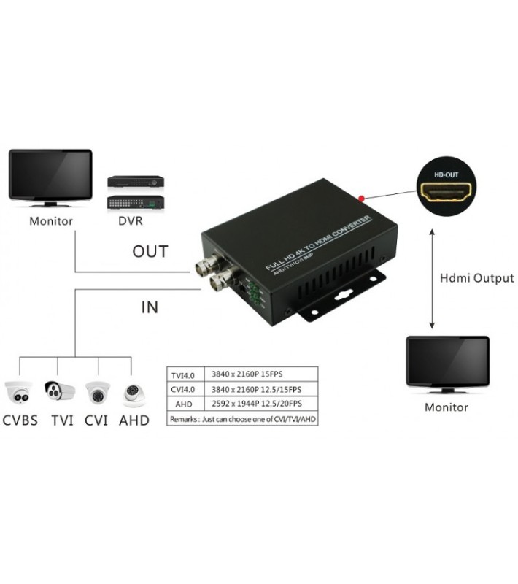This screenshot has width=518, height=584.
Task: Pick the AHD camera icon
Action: [x=134, y=393]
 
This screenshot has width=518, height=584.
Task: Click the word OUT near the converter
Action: [x=150, y=252]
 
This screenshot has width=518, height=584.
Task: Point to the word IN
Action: [x=149, y=307]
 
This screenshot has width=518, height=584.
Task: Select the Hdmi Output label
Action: [x=477, y=278]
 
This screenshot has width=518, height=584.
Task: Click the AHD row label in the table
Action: [x=185, y=404]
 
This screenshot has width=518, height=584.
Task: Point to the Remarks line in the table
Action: [x=243, y=420]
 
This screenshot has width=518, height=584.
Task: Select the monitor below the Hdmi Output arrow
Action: [x=447, y=363]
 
